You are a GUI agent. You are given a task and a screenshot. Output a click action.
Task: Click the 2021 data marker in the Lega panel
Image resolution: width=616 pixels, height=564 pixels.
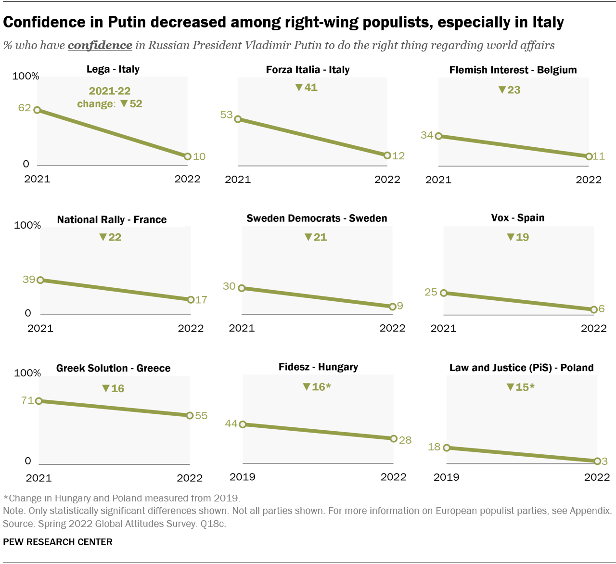coord(37,110)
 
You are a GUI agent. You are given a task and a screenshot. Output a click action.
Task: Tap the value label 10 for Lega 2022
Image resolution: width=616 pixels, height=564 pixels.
coord(199,157)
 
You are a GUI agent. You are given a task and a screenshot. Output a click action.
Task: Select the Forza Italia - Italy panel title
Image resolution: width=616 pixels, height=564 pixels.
coord(308,70)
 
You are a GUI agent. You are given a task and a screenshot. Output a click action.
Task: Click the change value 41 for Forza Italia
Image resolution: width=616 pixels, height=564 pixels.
coord(310,88)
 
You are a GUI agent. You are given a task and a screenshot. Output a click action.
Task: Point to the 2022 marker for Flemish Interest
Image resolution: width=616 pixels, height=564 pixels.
coord(589,157)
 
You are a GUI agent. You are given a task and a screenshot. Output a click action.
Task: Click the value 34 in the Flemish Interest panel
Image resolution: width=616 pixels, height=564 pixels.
coord(427,135)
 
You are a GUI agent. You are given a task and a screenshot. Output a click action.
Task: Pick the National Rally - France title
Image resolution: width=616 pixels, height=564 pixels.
coord(112,220)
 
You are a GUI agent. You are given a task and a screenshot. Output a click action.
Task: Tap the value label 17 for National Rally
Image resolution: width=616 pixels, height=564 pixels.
coord(201,300)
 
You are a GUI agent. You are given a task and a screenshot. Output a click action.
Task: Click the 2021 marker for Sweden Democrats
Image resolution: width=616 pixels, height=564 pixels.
coord(242,288)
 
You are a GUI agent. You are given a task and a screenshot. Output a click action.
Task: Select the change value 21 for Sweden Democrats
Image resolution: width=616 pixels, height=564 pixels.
coord(320,237)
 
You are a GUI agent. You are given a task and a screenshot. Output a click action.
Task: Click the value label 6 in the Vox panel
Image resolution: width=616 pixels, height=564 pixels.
coord(602,309)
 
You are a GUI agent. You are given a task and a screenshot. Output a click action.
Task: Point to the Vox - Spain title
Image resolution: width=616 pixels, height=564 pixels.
coord(517,218)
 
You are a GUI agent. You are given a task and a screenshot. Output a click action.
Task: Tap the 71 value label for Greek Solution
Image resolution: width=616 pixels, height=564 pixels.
coord(27,400)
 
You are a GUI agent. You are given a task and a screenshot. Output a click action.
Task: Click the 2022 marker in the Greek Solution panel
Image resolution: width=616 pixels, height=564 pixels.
coord(190,415)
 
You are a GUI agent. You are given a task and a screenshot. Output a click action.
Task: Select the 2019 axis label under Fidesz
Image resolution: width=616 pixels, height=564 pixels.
coord(243,477)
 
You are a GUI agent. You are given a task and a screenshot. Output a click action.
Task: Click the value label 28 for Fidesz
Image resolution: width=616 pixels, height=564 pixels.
coord(405,440)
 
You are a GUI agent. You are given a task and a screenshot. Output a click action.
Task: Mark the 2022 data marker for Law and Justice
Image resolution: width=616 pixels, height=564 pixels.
coord(597,461)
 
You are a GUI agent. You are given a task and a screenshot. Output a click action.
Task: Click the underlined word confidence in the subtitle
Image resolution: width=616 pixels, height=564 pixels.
coord(100,45)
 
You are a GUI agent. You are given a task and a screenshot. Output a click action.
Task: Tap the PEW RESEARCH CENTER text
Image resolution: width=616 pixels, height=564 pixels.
coord(58,542)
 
